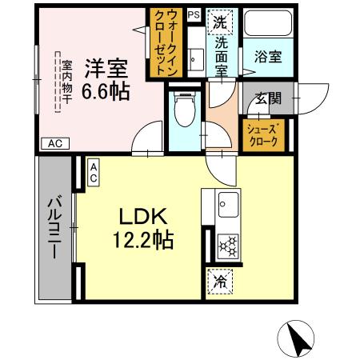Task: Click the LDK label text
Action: (x=143, y=217)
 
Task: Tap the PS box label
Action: (x=194, y=14)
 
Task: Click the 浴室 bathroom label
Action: (x=266, y=58)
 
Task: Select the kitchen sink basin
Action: (x=226, y=202)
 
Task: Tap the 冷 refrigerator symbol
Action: (x=219, y=281)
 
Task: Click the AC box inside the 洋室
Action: (x=54, y=144)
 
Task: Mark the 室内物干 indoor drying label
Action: (x=67, y=81)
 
